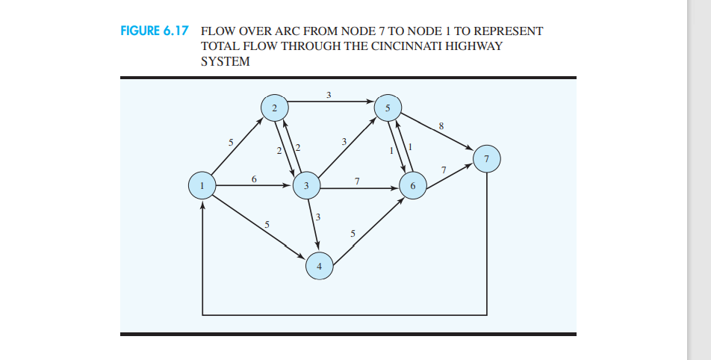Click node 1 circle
[202, 184]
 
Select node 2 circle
[274, 108]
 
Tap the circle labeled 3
[306, 185]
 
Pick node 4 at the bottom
[320, 265]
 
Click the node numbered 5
[387, 108]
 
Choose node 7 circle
[487, 158]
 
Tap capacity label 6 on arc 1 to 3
[254, 179]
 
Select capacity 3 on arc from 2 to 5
[329, 94]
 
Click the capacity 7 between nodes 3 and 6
[357, 181]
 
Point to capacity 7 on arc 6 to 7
[444, 170]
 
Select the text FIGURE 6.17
[154, 31]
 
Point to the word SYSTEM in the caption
[225, 61]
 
